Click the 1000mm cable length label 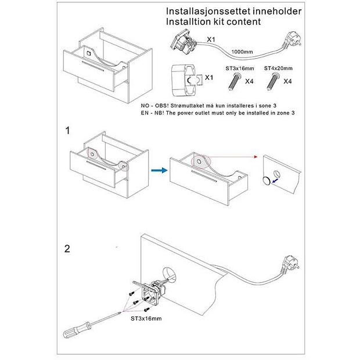[242, 52]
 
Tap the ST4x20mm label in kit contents [278, 68]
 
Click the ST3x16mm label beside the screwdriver [146, 318]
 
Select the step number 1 [67, 131]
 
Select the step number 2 [67, 249]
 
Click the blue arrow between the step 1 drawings [159, 170]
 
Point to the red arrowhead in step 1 [255, 157]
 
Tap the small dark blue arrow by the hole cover [275, 181]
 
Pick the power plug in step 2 [290, 264]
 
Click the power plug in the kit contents [293, 39]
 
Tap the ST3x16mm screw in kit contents [235, 81]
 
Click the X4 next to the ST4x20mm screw [287, 81]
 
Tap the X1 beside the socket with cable [211, 39]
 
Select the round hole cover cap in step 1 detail [267, 181]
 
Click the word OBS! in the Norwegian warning [162, 106]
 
